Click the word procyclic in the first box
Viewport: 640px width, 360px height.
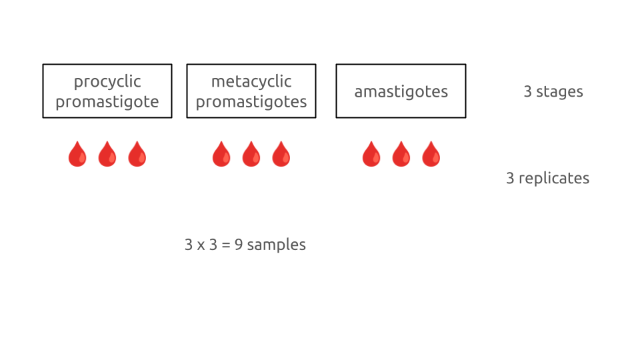tap(107, 82)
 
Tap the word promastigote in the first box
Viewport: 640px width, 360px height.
tap(107, 102)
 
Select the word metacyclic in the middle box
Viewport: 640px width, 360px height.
tap(251, 82)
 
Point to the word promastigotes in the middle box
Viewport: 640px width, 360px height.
tap(251, 102)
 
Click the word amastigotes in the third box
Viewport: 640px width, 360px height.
tap(401, 92)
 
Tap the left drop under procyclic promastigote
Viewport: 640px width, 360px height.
tap(77, 154)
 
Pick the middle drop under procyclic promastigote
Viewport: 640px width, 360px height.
tap(107, 154)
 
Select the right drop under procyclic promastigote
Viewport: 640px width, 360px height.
tap(137, 154)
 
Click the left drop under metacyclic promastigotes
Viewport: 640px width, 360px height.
tap(221, 154)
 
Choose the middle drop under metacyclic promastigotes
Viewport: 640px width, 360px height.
tap(251, 154)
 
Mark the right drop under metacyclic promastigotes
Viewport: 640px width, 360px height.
tap(281, 154)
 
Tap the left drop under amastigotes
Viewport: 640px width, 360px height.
tap(371, 154)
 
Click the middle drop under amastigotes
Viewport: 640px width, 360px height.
tap(401, 154)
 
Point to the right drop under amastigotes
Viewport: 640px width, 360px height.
tap(431, 154)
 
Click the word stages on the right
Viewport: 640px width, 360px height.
tap(559, 92)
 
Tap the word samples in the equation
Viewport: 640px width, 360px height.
tap(276, 245)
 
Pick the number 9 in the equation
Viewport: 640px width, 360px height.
tap(238, 245)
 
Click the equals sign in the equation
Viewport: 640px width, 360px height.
tap(226, 245)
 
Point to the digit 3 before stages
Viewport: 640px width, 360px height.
tap(527, 92)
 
